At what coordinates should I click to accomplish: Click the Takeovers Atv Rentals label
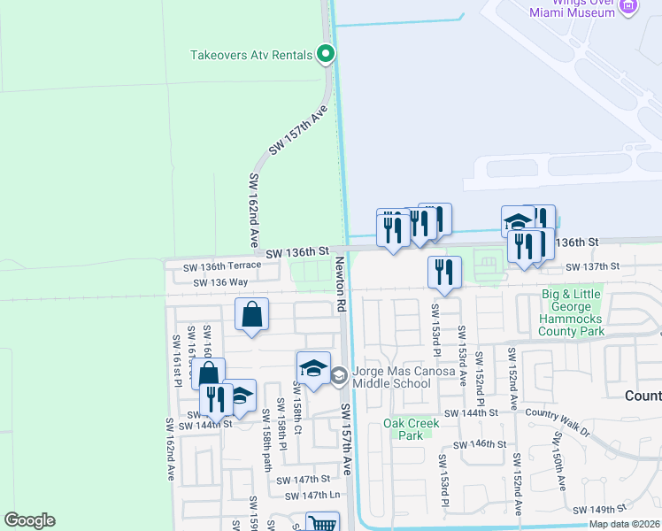[x=251, y=55]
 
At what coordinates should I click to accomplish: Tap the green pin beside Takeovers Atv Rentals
[x=326, y=55]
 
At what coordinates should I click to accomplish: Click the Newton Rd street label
[x=340, y=284]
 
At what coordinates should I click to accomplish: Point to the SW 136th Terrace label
[x=222, y=266]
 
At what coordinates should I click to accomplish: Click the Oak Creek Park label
[x=406, y=429]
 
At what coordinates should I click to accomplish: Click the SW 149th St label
[x=599, y=510]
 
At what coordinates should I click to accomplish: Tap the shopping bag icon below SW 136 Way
[x=252, y=315]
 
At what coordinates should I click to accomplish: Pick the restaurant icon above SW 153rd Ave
[x=444, y=272]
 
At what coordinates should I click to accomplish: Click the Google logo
[x=29, y=520]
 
